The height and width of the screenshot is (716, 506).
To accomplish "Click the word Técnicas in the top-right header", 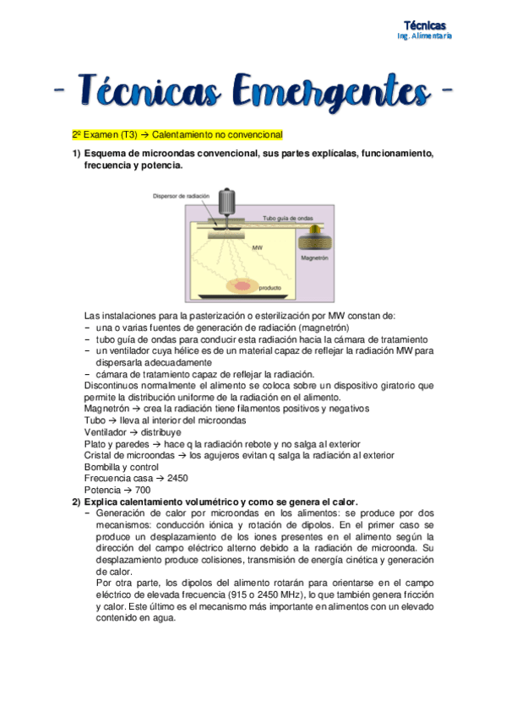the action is (425, 25).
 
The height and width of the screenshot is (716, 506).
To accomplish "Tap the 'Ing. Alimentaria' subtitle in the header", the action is (425, 36).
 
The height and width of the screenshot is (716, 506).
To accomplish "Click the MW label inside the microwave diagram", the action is (258, 247).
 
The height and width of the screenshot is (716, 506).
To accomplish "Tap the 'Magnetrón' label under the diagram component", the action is (313, 254).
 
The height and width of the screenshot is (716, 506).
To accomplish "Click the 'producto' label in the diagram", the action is (269, 288).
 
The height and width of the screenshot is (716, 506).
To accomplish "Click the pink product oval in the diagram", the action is (243, 285).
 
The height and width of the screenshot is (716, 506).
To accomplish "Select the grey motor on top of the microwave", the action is (226, 202).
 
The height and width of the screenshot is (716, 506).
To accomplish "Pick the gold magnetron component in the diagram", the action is (315, 232).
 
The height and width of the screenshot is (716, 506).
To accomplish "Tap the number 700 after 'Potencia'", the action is (142, 490).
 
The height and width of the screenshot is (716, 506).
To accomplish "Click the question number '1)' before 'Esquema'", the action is (76, 153).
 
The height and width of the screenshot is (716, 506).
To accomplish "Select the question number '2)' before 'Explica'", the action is (76, 502).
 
